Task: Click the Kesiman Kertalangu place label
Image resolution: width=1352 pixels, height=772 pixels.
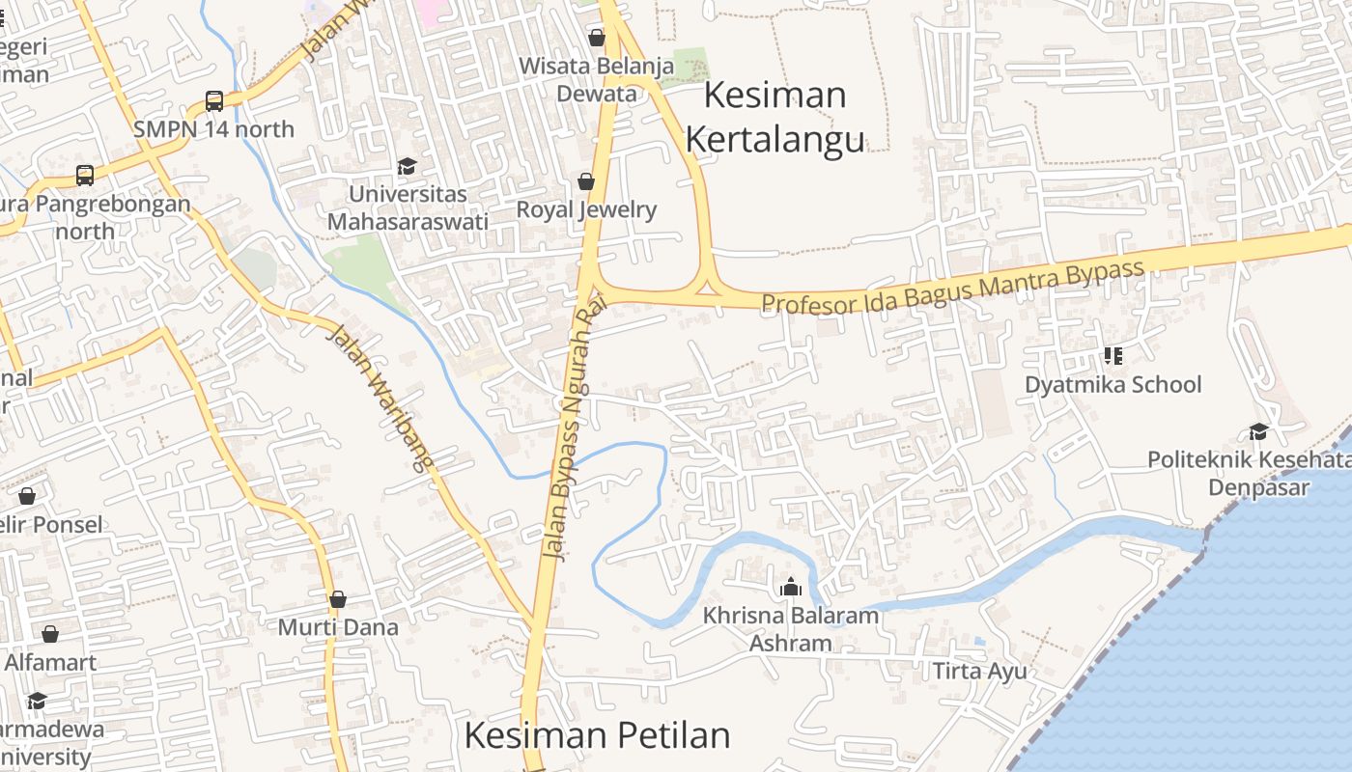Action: [775, 118]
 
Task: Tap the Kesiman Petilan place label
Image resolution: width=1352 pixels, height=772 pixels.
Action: [597, 735]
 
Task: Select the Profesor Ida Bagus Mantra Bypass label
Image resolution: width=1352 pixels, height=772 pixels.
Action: [952, 288]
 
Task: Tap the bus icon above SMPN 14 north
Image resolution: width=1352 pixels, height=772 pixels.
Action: [214, 101]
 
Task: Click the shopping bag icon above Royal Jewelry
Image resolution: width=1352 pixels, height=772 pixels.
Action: [585, 181]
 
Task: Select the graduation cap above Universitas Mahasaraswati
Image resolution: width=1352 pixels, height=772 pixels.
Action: [408, 167]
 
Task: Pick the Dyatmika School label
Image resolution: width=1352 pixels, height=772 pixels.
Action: [1113, 385]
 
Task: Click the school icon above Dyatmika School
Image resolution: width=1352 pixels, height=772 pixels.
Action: [1113, 356]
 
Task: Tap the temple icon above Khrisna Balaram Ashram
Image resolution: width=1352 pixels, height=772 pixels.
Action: [791, 587]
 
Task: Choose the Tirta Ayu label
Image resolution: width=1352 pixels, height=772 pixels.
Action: [979, 671]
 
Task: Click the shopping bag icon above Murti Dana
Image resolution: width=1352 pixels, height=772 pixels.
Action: [338, 599]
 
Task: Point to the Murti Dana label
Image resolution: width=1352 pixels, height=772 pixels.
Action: [338, 627]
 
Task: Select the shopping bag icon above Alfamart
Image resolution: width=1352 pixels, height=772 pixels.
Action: [50, 634]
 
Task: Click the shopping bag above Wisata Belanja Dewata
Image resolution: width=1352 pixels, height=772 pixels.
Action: [597, 38]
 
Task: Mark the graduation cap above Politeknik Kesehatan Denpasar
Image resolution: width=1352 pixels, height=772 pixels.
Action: [1258, 431]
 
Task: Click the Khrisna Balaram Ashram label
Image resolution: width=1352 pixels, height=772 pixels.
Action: [791, 629]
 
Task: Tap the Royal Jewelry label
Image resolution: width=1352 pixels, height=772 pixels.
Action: [586, 209]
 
